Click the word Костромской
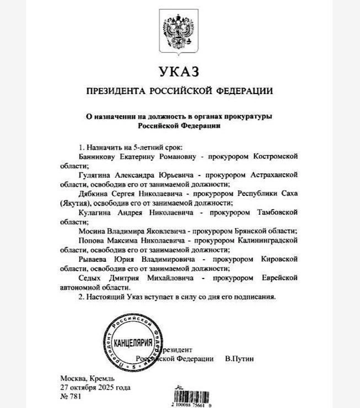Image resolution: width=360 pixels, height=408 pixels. point(275,157)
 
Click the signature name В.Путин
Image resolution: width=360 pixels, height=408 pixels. point(239,359)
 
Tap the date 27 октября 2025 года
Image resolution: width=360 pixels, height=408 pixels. point(96,386)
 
